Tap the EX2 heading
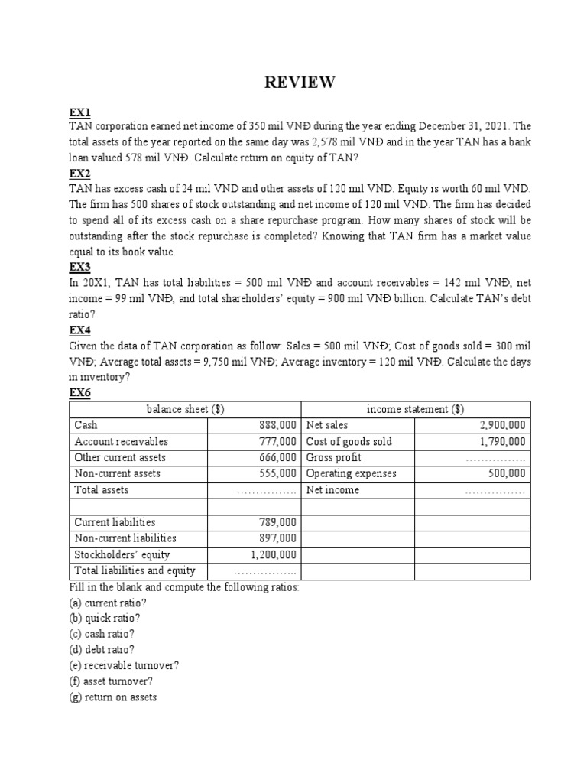(79, 174)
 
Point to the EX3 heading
(79, 267)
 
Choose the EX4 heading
(79, 330)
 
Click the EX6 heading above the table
(79, 392)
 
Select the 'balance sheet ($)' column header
(185, 409)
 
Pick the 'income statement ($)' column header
(415, 409)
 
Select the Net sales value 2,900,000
(502, 425)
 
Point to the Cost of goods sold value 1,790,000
(502, 441)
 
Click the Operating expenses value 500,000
(507, 473)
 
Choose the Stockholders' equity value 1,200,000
(274, 554)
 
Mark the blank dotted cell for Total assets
(267, 491)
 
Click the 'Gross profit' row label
(333, 457)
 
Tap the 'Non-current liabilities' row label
(125, 538)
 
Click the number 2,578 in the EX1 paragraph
(352, 143)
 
